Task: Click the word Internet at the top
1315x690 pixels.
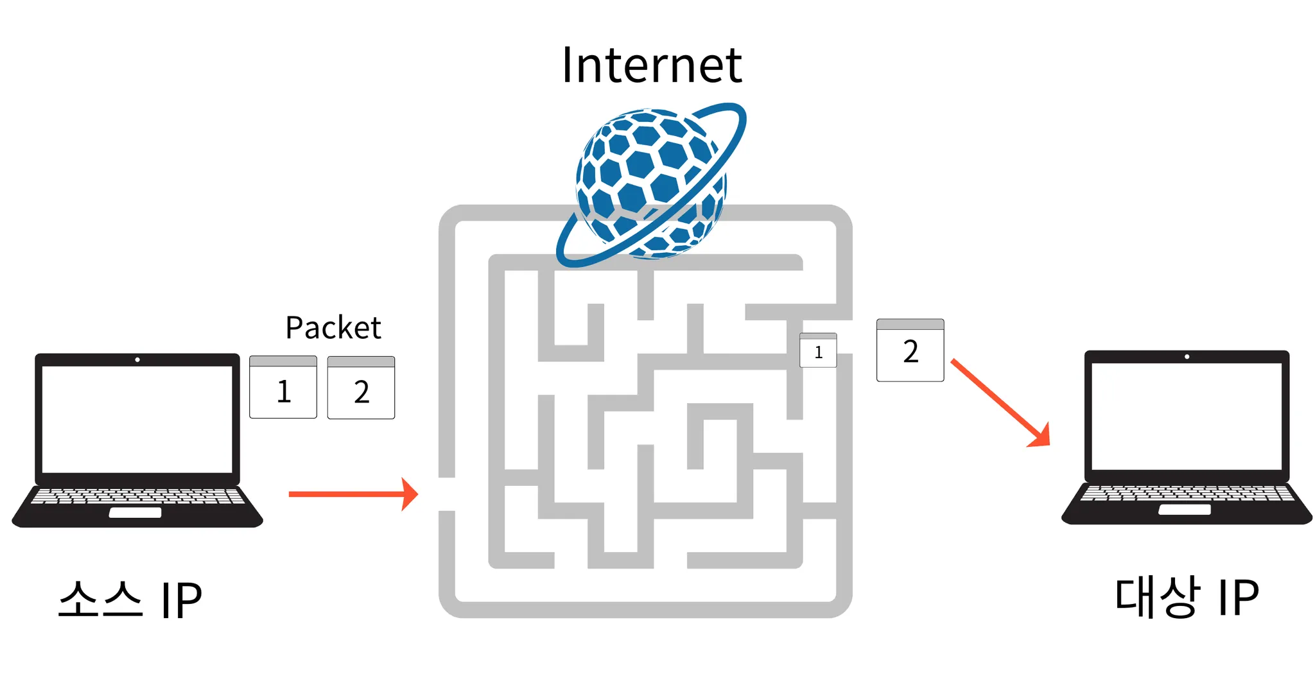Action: point(651,65)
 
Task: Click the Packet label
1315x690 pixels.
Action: point(333,328)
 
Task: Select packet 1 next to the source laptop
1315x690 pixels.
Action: point(283,388)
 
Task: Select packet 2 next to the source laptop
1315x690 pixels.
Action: point(361,388)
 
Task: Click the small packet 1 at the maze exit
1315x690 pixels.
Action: point(818,350)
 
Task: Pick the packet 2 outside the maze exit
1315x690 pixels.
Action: point(910,350)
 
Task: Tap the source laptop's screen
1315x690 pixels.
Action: point(137,418)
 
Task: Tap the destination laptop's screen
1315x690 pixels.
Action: point(1186,416)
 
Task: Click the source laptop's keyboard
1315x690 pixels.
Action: point(137,496)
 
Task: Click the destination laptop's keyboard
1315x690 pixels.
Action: point(1186,493)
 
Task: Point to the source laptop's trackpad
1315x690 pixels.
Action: point(135,512)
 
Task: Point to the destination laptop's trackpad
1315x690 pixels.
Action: point(1184,510)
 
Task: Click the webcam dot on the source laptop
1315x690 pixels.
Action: point(137,359)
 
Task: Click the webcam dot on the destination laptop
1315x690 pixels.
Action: point(1187,356)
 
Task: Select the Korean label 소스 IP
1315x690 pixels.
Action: point(130,599)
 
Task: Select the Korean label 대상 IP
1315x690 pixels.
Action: point(1186,597)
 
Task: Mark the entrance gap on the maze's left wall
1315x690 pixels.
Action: point(447,494)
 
